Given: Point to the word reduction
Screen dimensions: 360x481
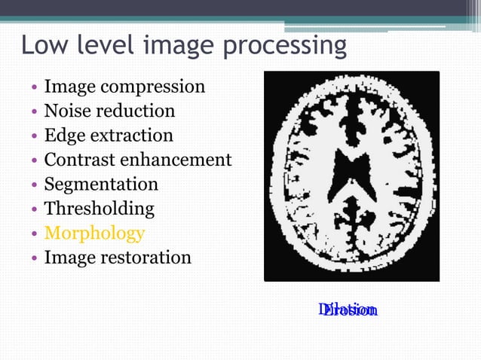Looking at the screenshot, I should pyautogui.click(x=134, y=111).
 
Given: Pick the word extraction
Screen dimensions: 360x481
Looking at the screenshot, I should pyautogui.click(x=131, y=136).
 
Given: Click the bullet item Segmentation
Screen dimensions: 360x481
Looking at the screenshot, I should pyautogui.click(x=101, y=185).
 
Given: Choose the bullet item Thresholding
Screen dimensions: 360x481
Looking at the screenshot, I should pyautogui.click(x=99, y=209).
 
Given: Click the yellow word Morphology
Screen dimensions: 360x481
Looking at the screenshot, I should pyautogui.click(x=94, y=233).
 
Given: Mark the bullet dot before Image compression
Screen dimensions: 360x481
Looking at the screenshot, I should pyautogui.click(x=35, y=87).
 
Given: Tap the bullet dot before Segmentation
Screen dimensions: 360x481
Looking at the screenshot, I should pyautogui.click(x=35, y=185).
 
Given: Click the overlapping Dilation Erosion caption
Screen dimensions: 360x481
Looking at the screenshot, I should pyautogui.click(x=348, y=310).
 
